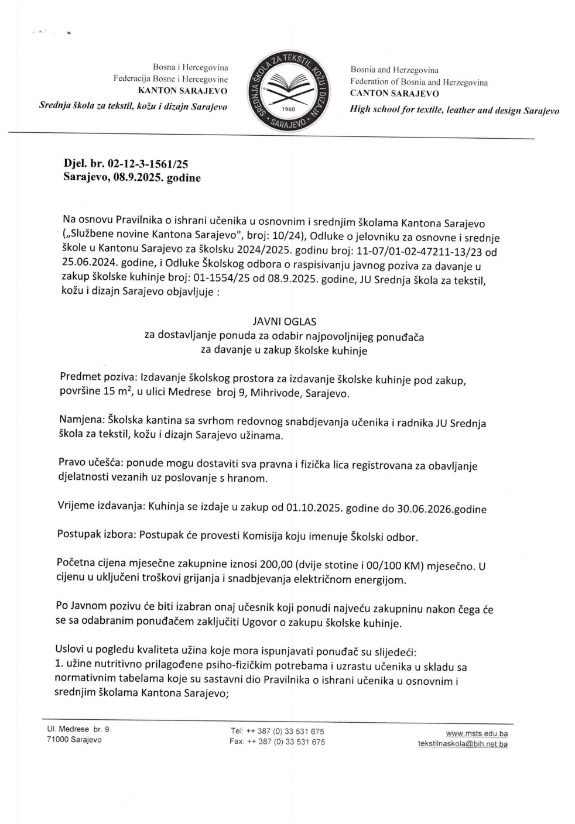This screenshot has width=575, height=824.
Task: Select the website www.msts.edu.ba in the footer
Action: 476,733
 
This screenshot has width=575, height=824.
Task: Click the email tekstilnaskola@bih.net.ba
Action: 463,744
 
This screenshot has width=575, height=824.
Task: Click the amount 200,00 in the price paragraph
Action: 276,565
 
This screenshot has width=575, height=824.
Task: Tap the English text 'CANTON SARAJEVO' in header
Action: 394,93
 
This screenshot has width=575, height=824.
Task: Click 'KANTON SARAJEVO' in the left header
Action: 183,91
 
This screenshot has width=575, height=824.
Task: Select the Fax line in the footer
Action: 277,742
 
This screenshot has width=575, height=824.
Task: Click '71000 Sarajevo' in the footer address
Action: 74,740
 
